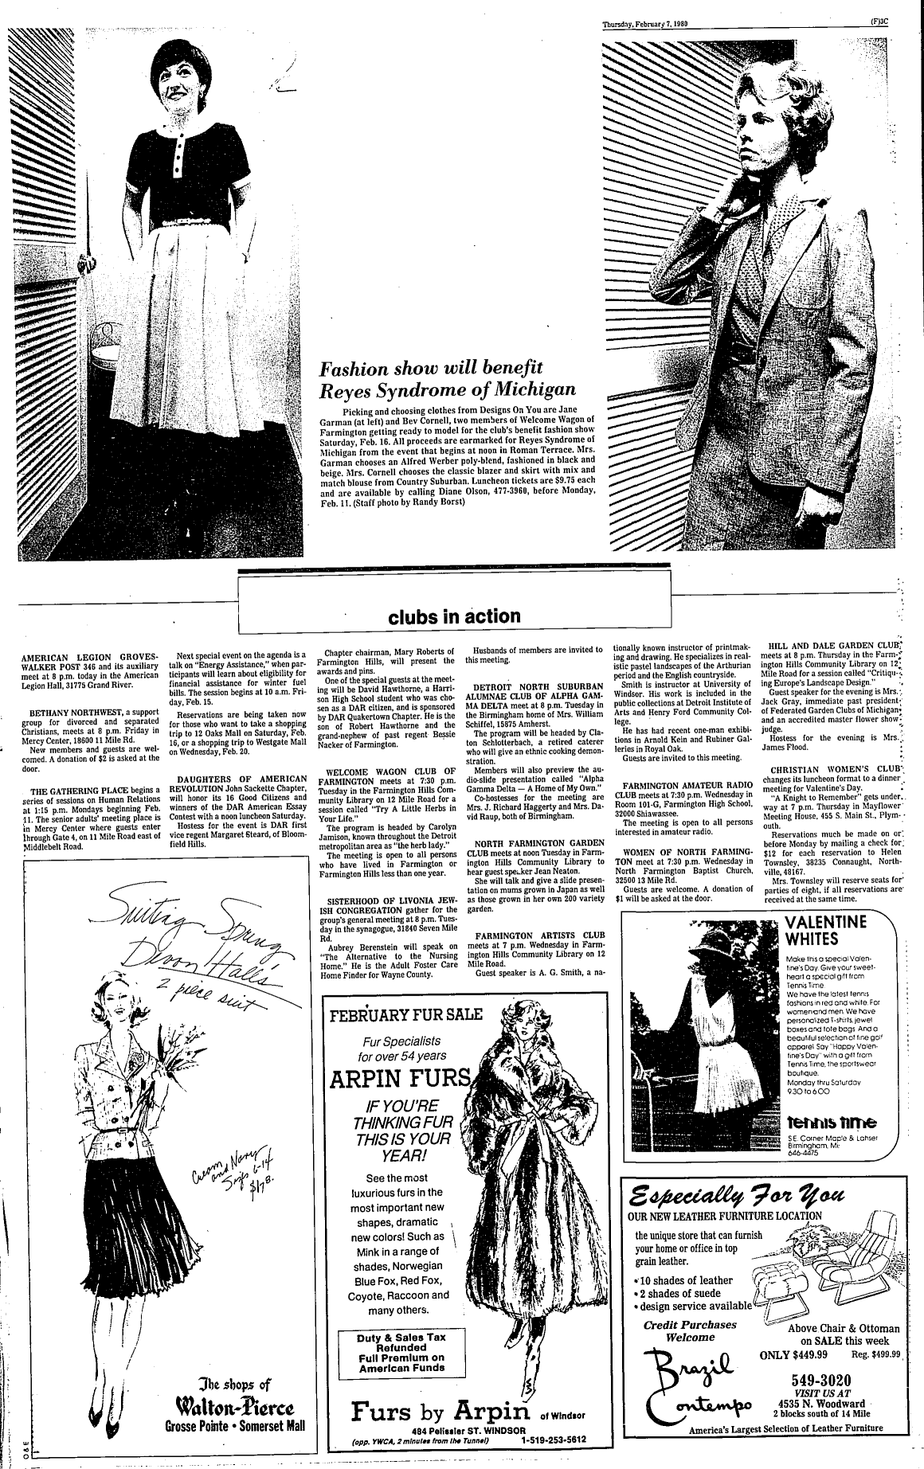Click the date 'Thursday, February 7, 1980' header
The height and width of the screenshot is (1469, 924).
tap(644, 23)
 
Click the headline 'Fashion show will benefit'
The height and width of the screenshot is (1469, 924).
tap(430, 369)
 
